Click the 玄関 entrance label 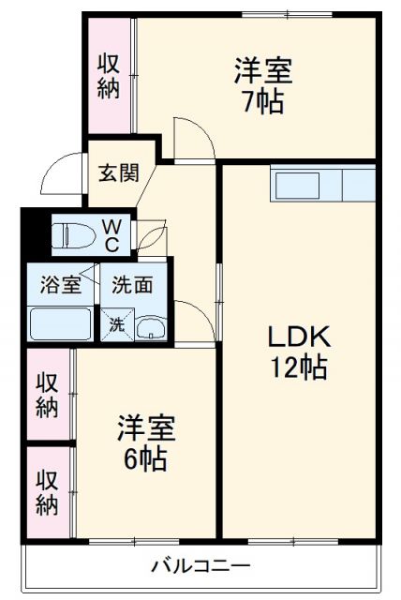coord(120,173)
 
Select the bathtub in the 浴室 coord(60,323)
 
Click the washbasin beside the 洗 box coord(150,327)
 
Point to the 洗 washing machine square coord(117,324)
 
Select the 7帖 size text coord(262,101)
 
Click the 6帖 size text coord(145,459)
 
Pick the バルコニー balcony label coord(201,567)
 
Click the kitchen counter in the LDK coord(323,184)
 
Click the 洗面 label coord(132,285)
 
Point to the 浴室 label coord(60,285)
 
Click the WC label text coord(111,234)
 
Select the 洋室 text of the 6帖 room coord(146,428)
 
